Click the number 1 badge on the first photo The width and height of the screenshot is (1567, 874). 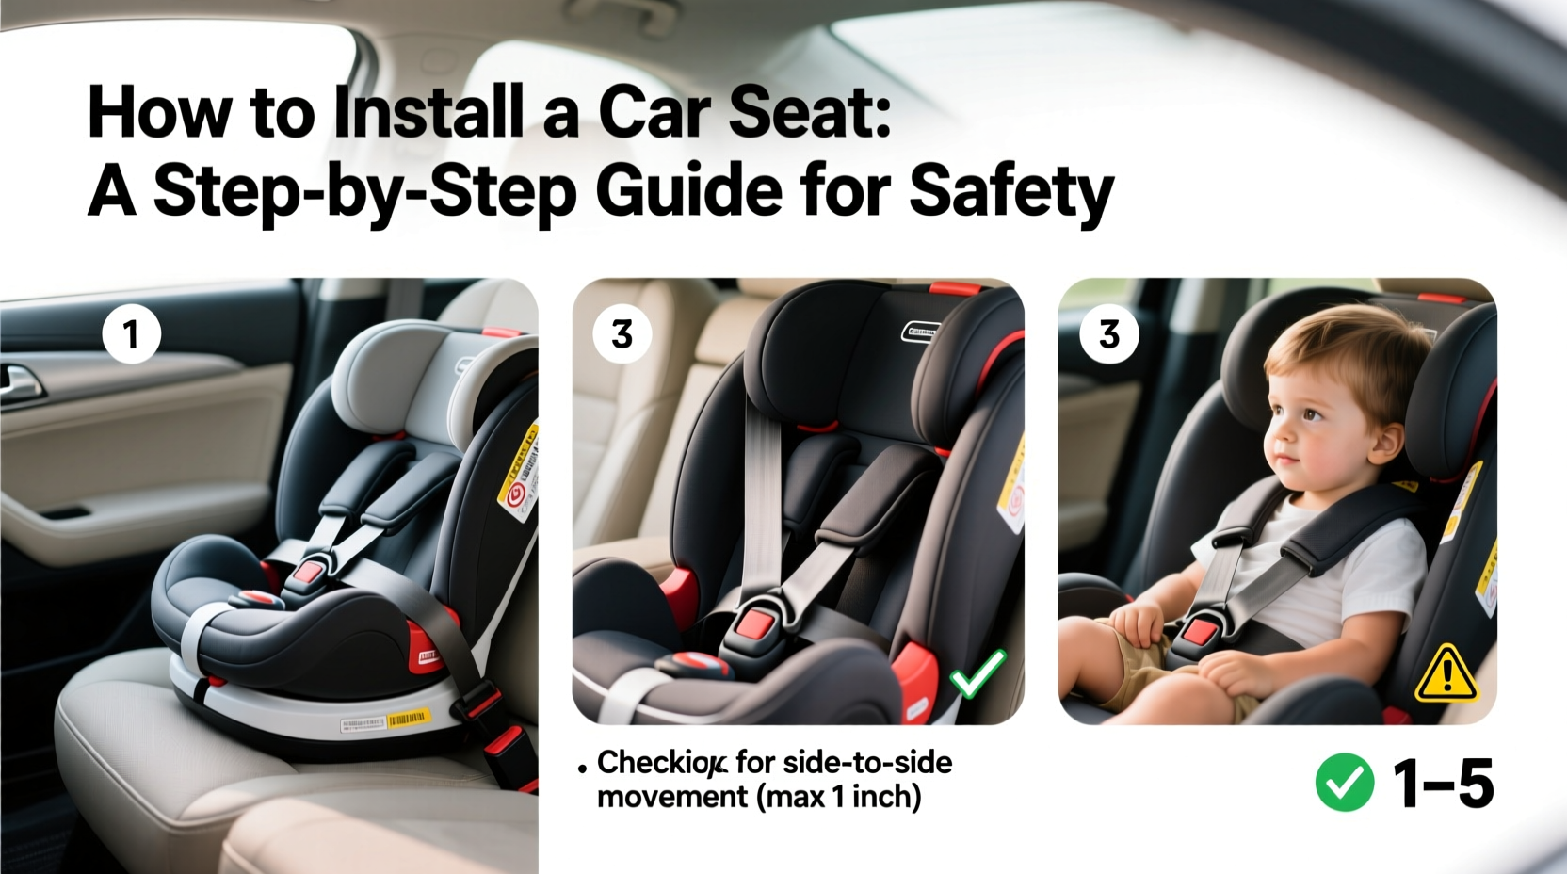pos(131,334)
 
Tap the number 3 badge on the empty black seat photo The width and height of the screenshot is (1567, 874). pos(622,334)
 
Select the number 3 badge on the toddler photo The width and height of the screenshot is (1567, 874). pos(1108,334)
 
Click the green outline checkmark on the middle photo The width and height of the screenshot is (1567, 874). pos(977,674)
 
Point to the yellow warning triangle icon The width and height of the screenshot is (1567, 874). pos(1446,674)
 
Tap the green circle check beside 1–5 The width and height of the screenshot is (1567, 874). pos(1345,783)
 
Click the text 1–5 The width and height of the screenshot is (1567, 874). pos(1442,783)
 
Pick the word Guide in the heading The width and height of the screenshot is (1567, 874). pos(688,191)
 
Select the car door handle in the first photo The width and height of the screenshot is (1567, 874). pos(21,380)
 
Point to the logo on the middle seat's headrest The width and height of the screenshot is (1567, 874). pos(920,331)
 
